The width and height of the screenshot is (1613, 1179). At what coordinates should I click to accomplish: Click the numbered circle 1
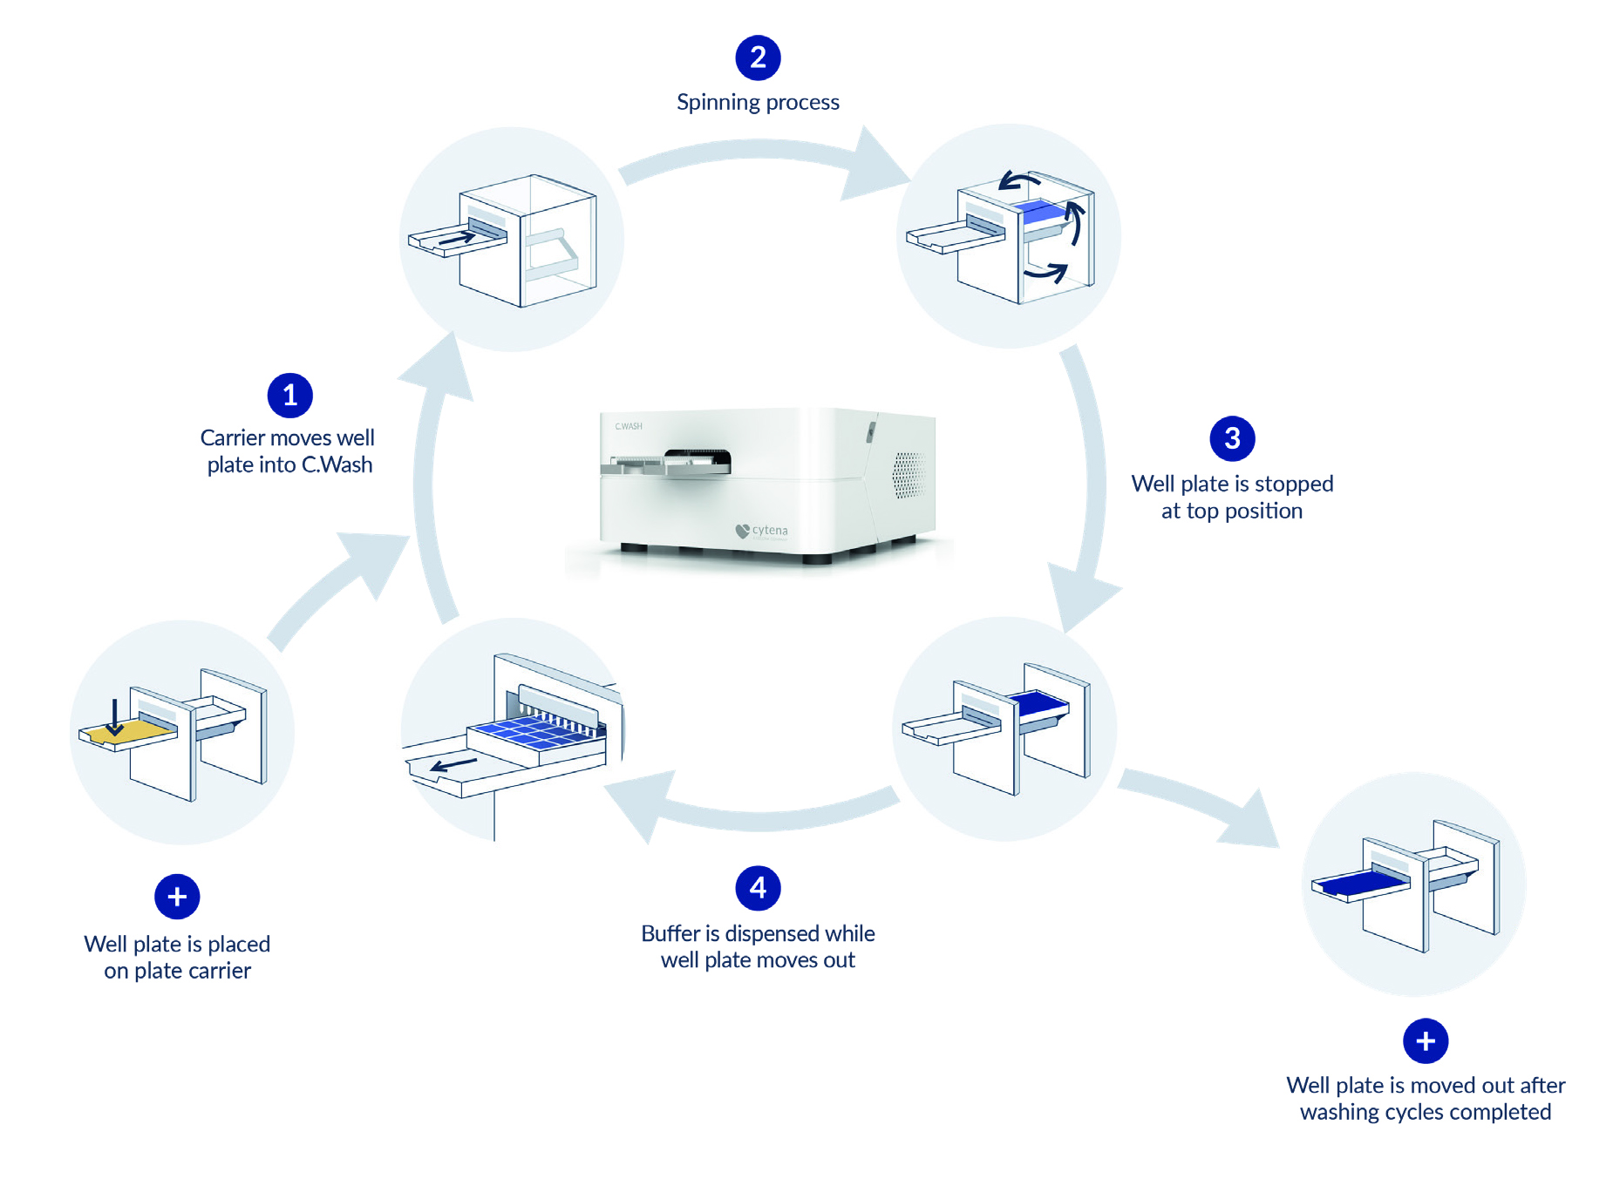pyautogui.click(x=289, y=396)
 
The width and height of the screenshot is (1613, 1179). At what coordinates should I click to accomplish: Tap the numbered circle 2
pyautogui.click(x=758, y=58)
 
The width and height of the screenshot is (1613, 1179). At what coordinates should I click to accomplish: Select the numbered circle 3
pyautogui.click(x=1231, y=438)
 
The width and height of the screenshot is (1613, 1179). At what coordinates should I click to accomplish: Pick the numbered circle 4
pyautogui.click(x=758, y=888)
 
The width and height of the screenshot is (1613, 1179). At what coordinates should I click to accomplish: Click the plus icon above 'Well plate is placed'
pyautogui.click(x=177, y=897)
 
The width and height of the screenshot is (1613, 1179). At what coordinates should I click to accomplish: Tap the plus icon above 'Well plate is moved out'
pyautogui.click(x=1425, y=1040)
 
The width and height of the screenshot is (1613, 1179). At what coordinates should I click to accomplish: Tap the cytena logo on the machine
pyautogui.click(x=762, y=531)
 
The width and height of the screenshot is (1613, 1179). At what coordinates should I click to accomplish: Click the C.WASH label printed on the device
pyautogui.click(x=628, y=426)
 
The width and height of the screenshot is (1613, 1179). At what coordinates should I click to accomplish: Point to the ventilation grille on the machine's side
pyautogui.click(x=908, y=475)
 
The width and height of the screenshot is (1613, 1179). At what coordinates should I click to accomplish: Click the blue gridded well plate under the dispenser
pyautogui.click(x=534, y=732)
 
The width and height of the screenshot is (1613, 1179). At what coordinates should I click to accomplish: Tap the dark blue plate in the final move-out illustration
pyautogui.click(x=1362, y=884)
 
